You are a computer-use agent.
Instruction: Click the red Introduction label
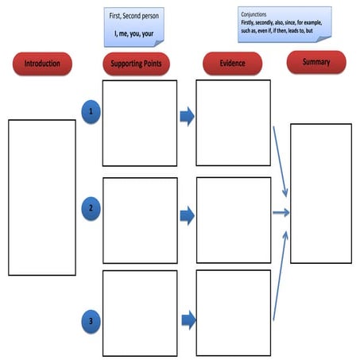point(42,64)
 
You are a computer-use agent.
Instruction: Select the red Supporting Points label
point(138,64)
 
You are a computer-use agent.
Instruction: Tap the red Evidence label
point(233,64)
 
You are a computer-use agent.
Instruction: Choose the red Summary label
point(315,62)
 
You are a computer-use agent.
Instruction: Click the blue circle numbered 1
point(91,112)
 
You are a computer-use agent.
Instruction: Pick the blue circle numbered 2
point(91,210)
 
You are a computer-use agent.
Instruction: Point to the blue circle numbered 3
point(91,322)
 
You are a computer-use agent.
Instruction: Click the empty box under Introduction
point(42,197)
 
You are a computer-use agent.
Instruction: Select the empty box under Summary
point(320,193)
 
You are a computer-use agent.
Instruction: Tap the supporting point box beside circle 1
point(139,122)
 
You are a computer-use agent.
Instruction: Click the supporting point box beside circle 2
point(139,220)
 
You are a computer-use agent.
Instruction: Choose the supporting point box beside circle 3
point(139,313)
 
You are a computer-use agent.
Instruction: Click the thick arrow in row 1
point(188,118)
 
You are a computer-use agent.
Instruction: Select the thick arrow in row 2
point(188,215)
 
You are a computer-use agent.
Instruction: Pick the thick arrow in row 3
point(188,320)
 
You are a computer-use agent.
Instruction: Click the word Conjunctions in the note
point(254,14)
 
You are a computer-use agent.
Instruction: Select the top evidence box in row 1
point(233,122)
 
